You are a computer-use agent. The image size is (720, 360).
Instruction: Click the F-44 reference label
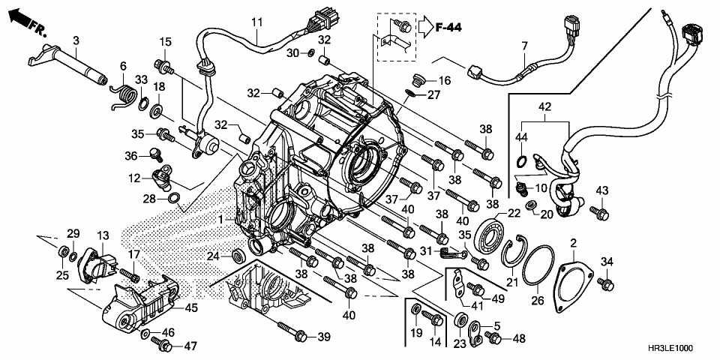point(448,28)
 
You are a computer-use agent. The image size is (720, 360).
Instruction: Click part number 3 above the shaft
point(76,40)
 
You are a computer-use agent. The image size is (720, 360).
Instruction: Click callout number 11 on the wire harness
point(256,22)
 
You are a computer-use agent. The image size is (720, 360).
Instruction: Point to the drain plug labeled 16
point(418,80)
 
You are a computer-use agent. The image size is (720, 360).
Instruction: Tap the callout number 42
point(544,107)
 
